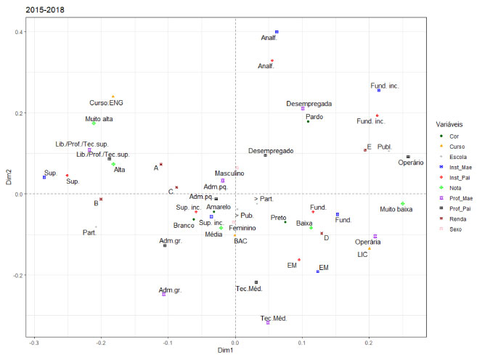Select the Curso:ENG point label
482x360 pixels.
tap(106, 103)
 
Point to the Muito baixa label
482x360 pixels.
tap(399, 210)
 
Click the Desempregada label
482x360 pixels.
tap(310, 105)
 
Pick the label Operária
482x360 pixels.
tap(368, 242)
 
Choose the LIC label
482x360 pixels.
tap(363, 255)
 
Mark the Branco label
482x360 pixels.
tap(184, 226)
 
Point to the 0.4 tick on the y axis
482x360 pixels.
tap(21, 32)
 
